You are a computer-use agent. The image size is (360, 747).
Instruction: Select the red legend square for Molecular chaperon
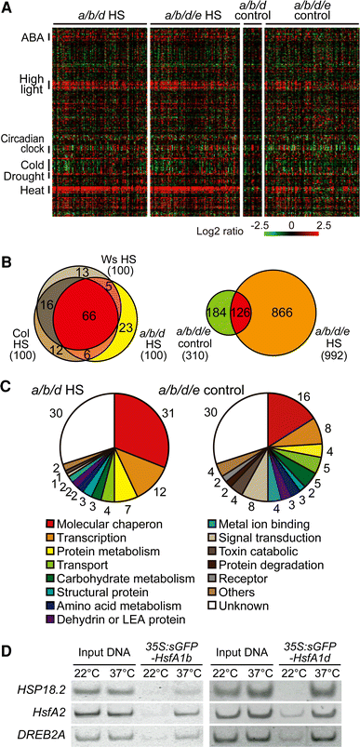(x=23, y=529)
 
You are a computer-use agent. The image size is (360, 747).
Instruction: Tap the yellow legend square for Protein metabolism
(x=23, y=559)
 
